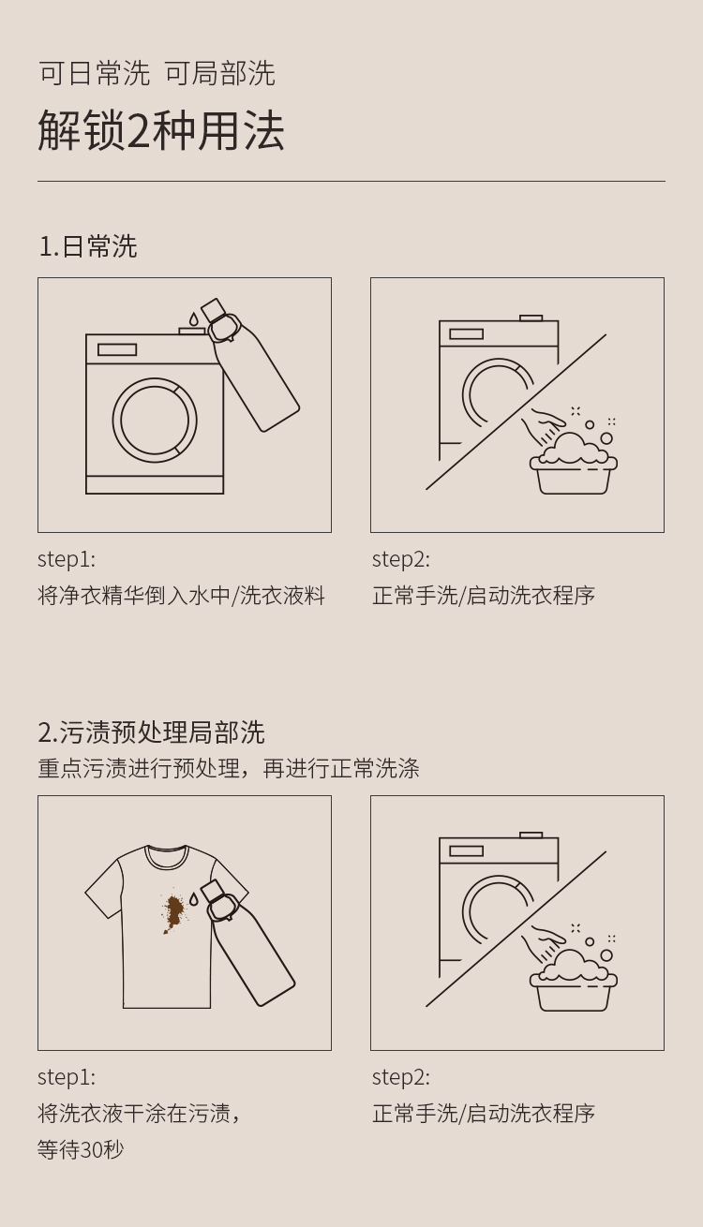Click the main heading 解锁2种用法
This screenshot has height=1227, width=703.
[x=160, y=131]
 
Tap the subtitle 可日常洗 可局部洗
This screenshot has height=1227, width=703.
[x=157, y=73]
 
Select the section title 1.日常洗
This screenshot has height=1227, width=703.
[x=88, y=246]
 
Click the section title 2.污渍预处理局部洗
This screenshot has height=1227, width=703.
[x=151, y=732]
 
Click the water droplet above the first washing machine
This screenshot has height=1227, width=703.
[x=193, y=318]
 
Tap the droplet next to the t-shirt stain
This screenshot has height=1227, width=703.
[x=194, y=899]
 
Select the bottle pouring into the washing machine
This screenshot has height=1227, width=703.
[x=249, y=364]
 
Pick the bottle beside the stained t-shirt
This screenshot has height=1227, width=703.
[x=247, y=942]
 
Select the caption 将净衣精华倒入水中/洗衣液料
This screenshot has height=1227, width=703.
[x=182, y=596]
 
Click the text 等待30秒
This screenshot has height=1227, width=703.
[x=81, y=1149]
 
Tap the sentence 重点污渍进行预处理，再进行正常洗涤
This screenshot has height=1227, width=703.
[x=229, y=768]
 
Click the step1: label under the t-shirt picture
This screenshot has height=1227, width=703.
[x=67, y=1077]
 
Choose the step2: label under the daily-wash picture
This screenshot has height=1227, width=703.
[x=401, y=559]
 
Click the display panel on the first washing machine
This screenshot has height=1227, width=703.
[x=117, y=349]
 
